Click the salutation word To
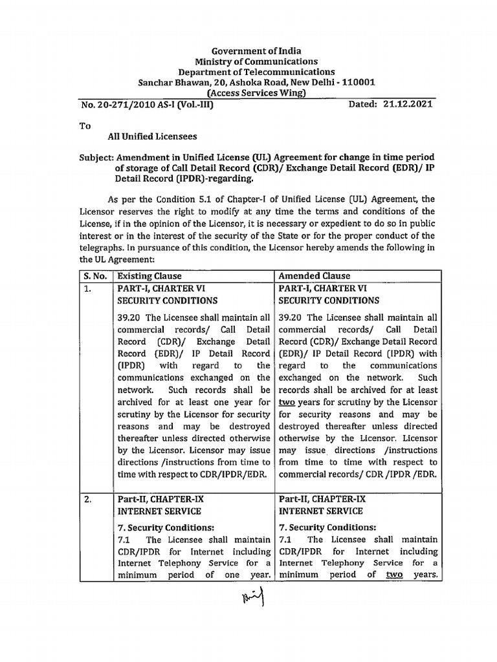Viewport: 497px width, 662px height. (x=85, y=126)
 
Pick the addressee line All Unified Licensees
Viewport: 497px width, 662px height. (x=152, y=137)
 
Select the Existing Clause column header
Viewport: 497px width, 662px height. (x=149, y=276)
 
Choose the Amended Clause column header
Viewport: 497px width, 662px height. (x=314, y=276)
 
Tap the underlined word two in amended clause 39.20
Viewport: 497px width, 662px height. (x=287, y=402)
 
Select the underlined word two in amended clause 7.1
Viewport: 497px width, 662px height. (x=394, y=575)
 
